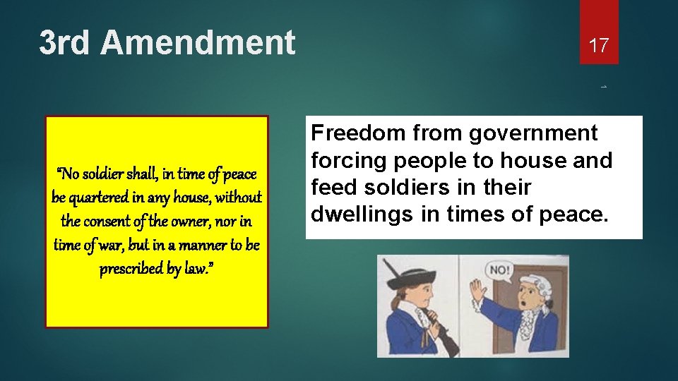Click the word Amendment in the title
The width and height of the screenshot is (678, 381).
tap(198, 42)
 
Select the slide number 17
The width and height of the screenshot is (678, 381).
tap(599, 46)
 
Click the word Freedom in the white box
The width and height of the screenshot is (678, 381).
tap(357, 133)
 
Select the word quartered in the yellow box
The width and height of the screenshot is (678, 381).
tap(100, 198)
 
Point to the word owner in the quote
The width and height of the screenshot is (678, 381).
tap(186, 222)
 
